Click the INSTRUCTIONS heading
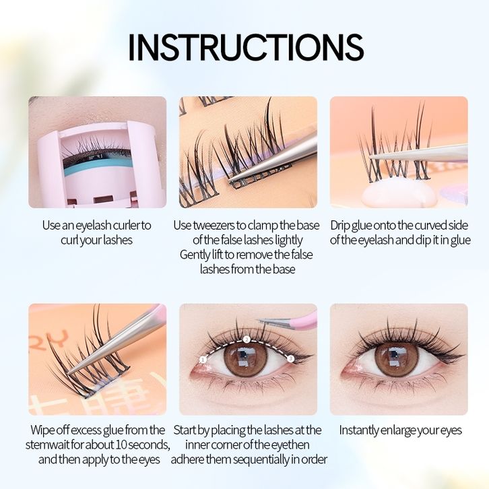click(246, 47)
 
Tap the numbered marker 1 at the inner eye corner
click(203, 360)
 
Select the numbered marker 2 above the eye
click(247, 339)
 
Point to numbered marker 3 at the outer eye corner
click(291, 358)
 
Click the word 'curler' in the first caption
click(127, 225)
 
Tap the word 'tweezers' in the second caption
click(214, 226)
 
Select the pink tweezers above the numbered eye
click(288, 321)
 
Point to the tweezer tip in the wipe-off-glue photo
click(69, 372)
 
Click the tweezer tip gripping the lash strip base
click(231, 181)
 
